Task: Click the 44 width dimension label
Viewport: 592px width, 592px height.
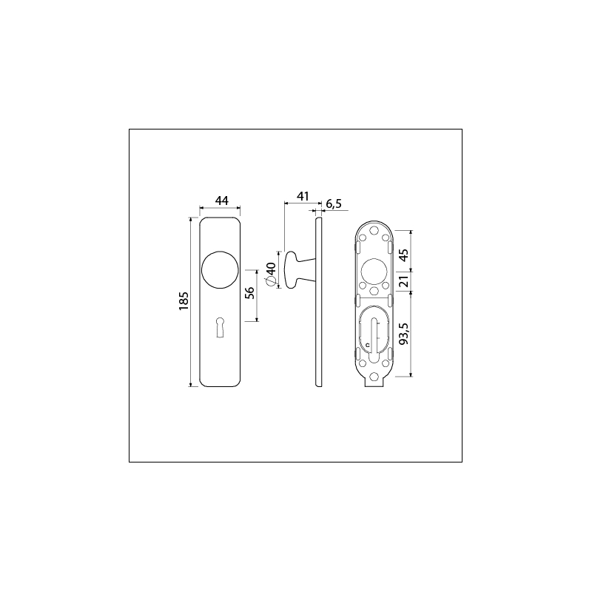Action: pyautogui.click(x=221, y=201)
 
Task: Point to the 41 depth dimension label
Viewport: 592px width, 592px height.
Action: pyautogui.click(x=302, y=195)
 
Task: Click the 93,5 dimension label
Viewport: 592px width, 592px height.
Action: pyautogui.click(x=403, y=334)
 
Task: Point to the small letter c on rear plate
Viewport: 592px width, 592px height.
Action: pyautogui.click(x=366, y=345)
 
